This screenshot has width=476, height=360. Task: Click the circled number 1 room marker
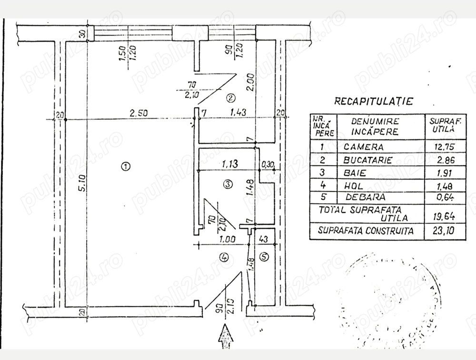coord(125,167)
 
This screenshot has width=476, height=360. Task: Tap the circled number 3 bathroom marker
coord(228,183)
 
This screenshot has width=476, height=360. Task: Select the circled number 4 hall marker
coord(225,257)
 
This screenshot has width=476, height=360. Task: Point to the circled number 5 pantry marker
coord(265,257)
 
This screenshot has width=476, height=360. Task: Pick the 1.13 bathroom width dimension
coord(230,164)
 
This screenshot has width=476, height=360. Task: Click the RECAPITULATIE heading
coord(374,101)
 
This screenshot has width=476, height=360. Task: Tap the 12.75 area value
coord(440,147)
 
